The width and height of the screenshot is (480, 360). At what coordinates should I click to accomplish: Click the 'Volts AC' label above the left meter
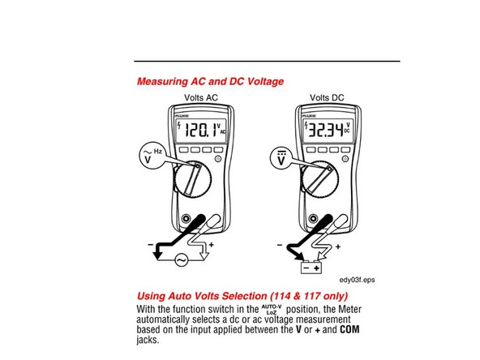coord(201,97)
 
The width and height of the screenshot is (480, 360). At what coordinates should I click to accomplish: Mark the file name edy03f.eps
coord(357,277)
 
